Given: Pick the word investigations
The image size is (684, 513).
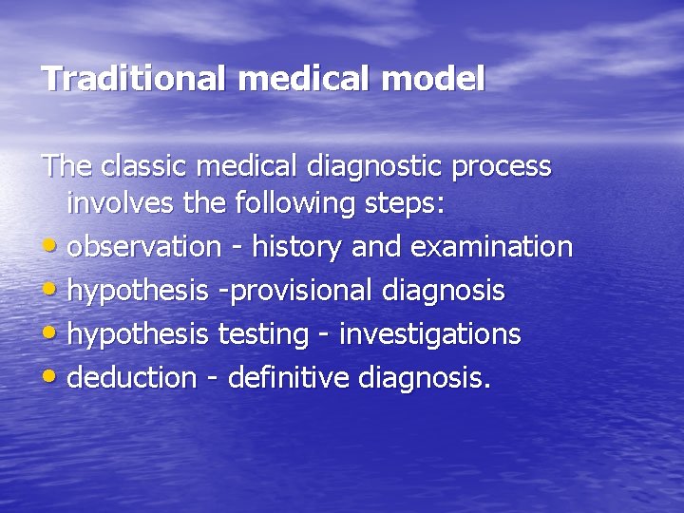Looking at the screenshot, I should coord(429,335).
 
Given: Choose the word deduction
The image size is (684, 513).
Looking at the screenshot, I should coord(132,378).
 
